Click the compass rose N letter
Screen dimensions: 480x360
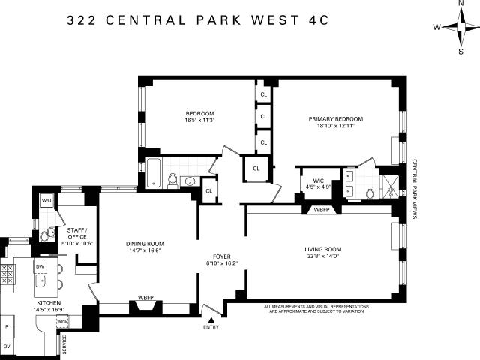(x=461, y=3)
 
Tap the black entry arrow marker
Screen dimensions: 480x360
(x=211, y=320)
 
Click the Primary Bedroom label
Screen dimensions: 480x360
(x=336, y=119)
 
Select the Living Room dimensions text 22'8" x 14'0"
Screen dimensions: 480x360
(x=323, y=256)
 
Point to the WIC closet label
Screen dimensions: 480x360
(x=318, y=181)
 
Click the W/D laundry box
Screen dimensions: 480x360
(x=46, y=201)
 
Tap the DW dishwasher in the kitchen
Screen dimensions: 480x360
(x=40, y=266)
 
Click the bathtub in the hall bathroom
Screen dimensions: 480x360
(x=153, y=172)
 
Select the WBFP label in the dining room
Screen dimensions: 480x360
(x=145, y=298)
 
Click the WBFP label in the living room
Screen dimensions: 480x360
(x=322, y=210)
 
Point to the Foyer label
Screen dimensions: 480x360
(x=222, y=256)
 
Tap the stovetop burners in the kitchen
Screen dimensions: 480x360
(x=7, y=274)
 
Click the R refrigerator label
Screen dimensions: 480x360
(x=7, y=326)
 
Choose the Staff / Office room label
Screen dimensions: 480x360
(x=77, y=233)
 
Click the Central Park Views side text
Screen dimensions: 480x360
(x=414, y=189)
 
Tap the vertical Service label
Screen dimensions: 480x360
(x=64, y=345)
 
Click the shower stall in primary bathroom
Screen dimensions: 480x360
(x=390, y=187)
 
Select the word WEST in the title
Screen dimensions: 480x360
(x=274, y=20)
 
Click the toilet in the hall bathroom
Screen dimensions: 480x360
(x=173, y=181)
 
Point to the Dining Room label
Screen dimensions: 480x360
(x=145, y=244)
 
